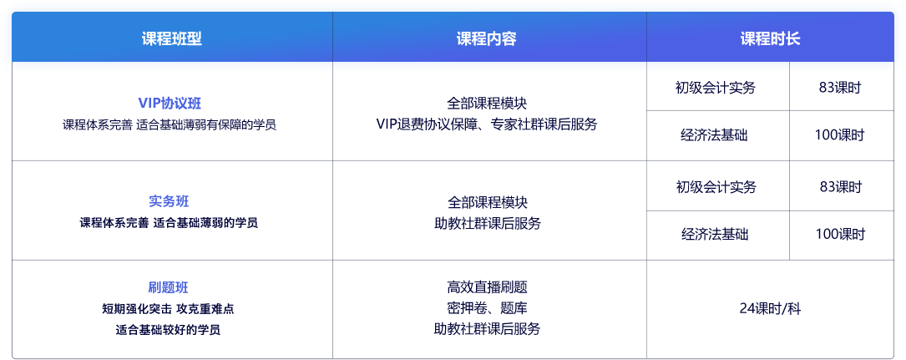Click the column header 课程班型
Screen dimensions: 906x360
click(172, 38)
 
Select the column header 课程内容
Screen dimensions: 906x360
click(487, 38)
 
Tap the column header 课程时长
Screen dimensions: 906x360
click(770, 38)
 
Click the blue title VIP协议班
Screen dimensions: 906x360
click(170, 104)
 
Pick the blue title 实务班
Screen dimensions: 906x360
click(169, 201)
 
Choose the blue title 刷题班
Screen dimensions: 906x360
click(168, 287)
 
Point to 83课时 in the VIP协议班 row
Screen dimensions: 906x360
click(840, 88)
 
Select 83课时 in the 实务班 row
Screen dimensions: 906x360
click(840, 187)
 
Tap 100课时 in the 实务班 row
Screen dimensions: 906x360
click(840, 235)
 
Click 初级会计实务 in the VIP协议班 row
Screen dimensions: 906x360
click(716, 88)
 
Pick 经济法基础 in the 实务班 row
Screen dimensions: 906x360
click(716, 235)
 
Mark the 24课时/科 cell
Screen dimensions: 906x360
click(770, 309)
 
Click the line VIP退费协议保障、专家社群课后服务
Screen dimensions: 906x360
click(487, 124)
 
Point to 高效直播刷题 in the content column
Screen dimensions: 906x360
click(487, 287)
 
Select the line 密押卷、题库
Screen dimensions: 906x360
click(487, 308)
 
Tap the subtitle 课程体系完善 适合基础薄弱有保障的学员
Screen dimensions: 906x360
click(170, 124)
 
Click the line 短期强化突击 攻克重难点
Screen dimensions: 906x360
click(168, 309)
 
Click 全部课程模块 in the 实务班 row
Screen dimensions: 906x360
click(487, 203)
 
